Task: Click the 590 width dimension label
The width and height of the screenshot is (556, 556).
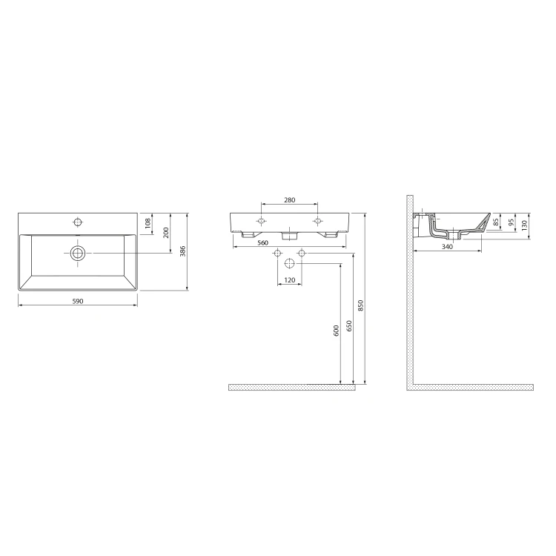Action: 78,301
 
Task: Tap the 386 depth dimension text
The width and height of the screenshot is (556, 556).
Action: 183,251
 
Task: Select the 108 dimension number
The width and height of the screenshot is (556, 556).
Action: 148,223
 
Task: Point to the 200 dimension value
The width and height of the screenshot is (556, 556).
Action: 166,233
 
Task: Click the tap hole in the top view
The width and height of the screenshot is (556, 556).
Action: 78,222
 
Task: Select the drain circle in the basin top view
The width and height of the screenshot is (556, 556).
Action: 78,254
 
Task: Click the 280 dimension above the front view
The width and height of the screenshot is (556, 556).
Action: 289,200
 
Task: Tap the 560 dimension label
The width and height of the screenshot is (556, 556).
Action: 262,243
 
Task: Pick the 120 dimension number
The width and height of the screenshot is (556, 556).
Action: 289,280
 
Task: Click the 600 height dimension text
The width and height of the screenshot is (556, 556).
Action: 337,331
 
